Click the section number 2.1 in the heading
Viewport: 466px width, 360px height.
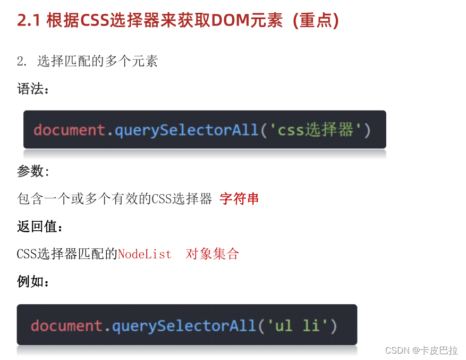29,20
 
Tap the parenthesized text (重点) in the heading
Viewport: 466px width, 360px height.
316,20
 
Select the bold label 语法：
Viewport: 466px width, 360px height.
33,89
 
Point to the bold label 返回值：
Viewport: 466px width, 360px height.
40,227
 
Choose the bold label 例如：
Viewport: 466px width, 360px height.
33,282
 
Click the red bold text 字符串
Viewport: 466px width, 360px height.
239,199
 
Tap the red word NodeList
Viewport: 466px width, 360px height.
145,254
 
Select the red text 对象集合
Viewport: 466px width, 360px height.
213,254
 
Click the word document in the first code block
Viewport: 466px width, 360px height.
69,130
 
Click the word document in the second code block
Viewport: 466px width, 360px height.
66,325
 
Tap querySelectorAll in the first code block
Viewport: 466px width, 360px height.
186,130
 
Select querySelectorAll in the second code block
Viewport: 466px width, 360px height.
184,325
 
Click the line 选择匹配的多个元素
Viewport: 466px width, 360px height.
97,61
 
